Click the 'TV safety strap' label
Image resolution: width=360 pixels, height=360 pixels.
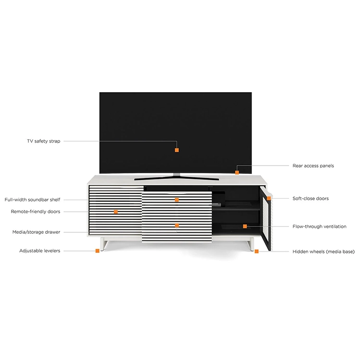point(44,141)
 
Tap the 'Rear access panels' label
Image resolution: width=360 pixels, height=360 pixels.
point(313,166)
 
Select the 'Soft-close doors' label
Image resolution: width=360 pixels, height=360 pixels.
point(311,198)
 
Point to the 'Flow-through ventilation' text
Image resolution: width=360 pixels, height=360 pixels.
point(319,227)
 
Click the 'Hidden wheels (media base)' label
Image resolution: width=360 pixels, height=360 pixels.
point(324,252)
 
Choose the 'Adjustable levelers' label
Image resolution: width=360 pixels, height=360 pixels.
point(40,251)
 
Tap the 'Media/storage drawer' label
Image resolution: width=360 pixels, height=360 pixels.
point(36,232)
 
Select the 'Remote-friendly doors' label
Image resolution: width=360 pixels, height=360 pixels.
point(36,212)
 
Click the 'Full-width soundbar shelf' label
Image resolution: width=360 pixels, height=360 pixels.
point(32,200)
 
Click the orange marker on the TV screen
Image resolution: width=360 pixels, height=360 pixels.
point(177,150)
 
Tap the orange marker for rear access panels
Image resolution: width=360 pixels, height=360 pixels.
point(237,172)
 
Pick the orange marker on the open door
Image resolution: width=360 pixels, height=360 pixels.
point(269,198)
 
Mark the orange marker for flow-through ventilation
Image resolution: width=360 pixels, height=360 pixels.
point(245,227)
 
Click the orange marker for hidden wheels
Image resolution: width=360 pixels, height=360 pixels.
point(257,252)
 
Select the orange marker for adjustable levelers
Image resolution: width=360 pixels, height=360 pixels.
point(97,251)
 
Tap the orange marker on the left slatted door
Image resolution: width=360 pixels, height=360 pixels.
point(116,212)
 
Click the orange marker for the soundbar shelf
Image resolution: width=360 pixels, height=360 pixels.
point(177,200)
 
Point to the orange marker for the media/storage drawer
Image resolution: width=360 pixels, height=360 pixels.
point(177,226)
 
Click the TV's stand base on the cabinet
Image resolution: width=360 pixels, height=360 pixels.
point(176,178)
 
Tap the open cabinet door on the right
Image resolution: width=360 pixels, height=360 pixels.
point(266,218)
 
